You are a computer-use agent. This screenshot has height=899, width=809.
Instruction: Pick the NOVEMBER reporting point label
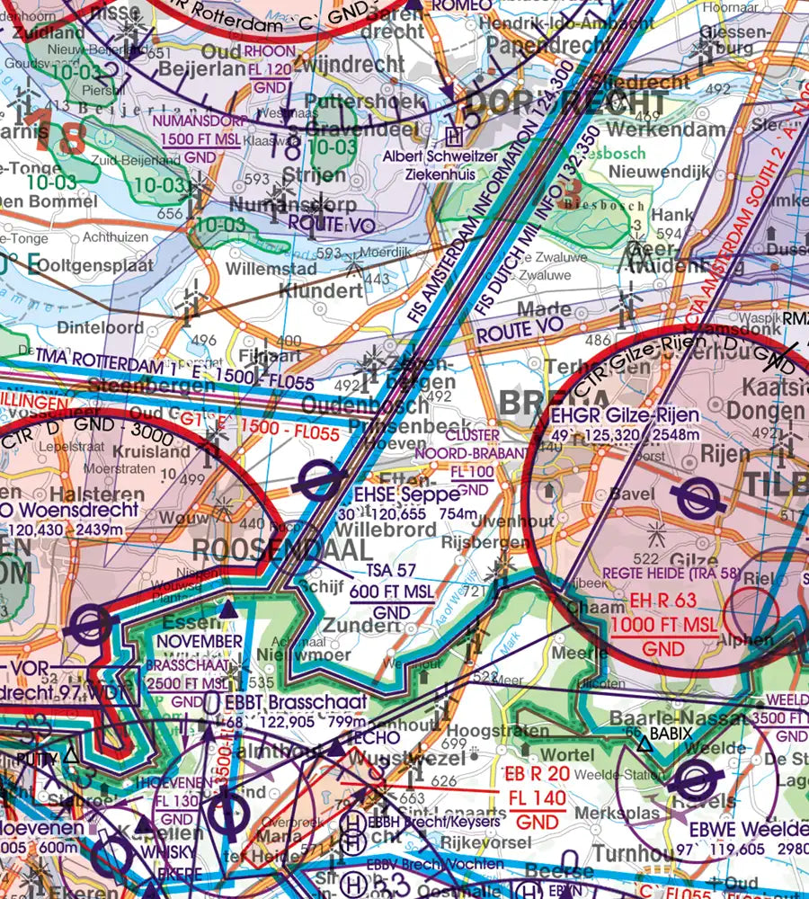pos(201,640)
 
